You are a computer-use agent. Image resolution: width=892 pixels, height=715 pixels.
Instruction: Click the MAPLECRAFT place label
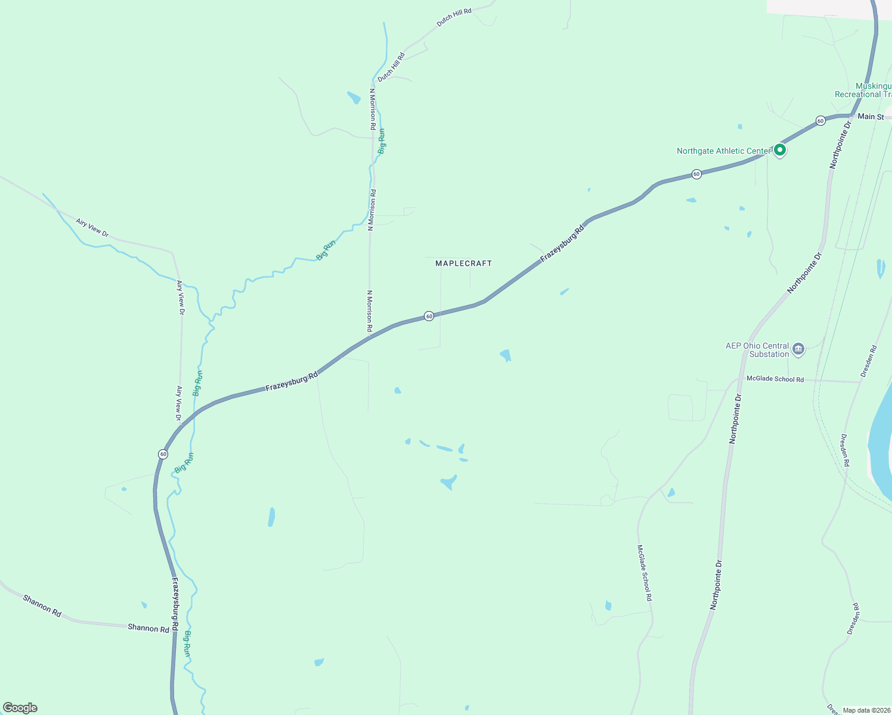point(463,263)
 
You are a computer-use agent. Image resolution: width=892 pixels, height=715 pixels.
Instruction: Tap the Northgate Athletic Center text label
point(724,151)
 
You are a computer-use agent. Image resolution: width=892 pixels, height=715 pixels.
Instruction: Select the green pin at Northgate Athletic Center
point(779,150)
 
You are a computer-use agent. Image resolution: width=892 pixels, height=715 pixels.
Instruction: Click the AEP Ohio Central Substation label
point(757,350)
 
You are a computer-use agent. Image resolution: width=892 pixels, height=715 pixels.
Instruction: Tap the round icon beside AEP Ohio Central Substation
point(798,349)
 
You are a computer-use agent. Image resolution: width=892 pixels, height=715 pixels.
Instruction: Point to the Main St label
point(871,117)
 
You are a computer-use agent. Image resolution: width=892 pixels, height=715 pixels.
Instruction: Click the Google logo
point(20,708)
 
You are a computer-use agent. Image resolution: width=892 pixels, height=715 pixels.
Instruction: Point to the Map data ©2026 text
point(865,710)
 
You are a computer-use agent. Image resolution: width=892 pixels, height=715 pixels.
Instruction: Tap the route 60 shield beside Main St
point(821,121)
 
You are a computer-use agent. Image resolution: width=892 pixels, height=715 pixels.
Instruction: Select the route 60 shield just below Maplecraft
point(429,316)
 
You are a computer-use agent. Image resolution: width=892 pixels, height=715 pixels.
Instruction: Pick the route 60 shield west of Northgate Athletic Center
point(696,174)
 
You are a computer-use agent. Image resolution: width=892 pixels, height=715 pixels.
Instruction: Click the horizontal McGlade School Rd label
point(775,379)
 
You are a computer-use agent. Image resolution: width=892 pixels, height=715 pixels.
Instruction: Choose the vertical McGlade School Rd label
point(645,572)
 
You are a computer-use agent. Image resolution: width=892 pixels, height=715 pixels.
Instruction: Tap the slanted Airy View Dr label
point(92,228)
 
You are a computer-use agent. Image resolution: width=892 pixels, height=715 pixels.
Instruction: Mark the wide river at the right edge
point(881,441)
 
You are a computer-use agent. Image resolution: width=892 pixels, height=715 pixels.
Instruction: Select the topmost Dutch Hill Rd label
point(454,17)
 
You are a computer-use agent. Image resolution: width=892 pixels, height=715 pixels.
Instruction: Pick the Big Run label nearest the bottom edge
point(187,643)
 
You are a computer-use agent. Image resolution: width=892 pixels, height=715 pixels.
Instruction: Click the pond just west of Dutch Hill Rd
point(354,97)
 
